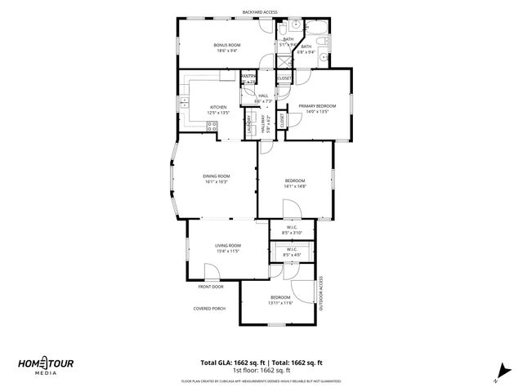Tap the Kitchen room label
[217, 107]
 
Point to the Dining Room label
[217, 176]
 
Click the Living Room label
[228, 245]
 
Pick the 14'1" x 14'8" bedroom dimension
[295, 186]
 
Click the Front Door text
[210, 287]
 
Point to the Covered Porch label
[209, 308]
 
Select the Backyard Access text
[260, 12]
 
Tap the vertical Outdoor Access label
[321, 293]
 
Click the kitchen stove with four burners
[212, 127]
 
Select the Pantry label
[248, 77]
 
